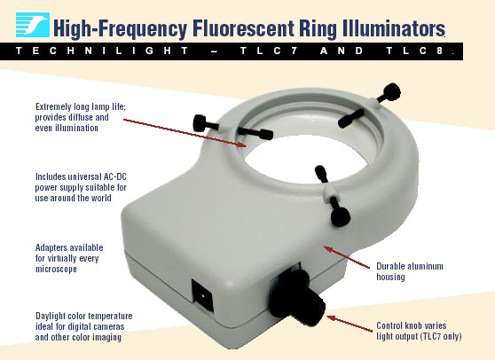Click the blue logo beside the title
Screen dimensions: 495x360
[33, 25]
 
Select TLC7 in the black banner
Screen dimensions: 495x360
[268, 51]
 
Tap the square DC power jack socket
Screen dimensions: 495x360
[202, 296]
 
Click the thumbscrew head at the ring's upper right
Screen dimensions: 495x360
[391, 92]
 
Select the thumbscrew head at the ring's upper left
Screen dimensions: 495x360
[200, 122]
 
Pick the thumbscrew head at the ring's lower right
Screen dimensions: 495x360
[341, 216]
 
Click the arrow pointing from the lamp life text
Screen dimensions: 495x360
[185, 133]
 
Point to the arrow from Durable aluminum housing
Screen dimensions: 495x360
[347, 257]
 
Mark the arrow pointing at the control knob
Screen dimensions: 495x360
[350, 324]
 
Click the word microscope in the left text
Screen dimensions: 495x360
[56, 270]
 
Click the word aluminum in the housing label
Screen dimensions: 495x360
[425, 266]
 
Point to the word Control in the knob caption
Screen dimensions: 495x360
[389, 325]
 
